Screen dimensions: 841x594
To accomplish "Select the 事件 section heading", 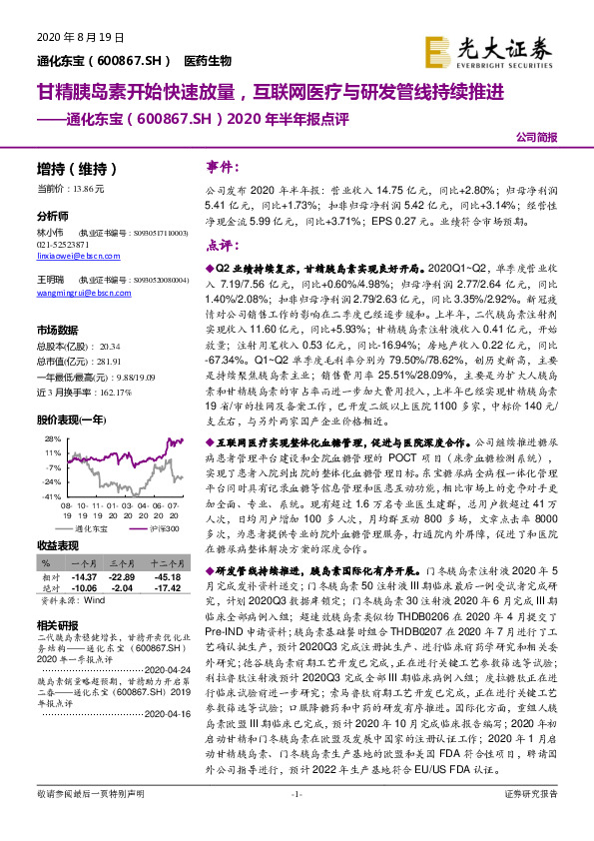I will tap(221, 166).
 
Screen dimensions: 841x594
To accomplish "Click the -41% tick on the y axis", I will tap(48, 496).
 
